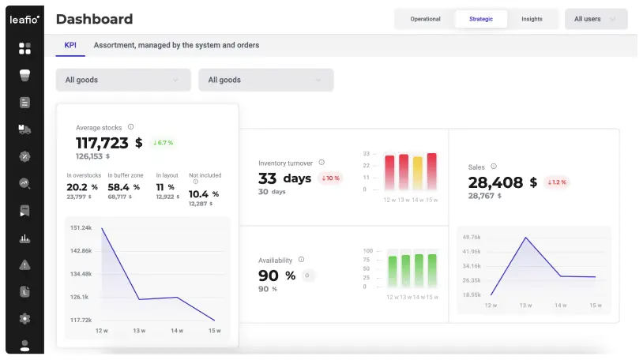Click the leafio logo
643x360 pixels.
pos(24,19)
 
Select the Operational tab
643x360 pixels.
pos(425,19)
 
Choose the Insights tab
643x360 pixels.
pos(532,19)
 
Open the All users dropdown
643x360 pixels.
pos(596,19)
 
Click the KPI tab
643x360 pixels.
pos(70,45)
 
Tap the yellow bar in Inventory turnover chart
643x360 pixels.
pos(417,173)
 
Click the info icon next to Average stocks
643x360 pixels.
pos(131,127)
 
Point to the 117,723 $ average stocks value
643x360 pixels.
pos(109,143)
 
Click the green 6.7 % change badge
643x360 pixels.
pos(163,143)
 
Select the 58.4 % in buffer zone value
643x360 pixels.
pos(123,187)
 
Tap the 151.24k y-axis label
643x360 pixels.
pos(81,227)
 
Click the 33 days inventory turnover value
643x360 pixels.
pos(284,178)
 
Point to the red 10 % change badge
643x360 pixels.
pos(330,178)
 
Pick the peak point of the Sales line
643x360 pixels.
pos(526,238)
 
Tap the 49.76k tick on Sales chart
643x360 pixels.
pos(471,237)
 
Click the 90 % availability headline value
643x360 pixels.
pos(276,276)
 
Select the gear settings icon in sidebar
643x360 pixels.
pos(24,319)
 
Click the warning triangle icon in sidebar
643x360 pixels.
pos(24,265)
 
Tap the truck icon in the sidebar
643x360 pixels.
pos(24,129)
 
